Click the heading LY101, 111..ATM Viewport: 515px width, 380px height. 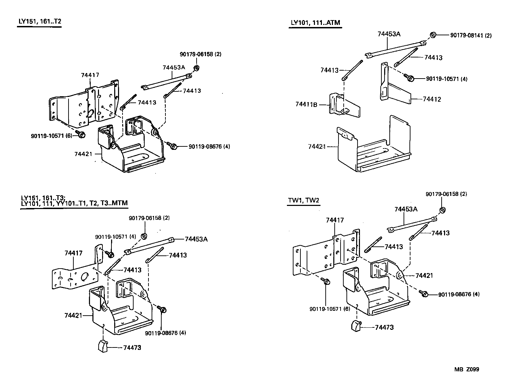click(x=315, y=23)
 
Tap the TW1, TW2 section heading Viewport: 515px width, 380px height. click(x=304, y=200)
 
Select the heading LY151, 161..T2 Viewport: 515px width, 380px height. click(x=40, y=21)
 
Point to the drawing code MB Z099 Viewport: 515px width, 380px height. click(x=467, y=369)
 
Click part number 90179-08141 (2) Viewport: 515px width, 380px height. click(x=471, y=35)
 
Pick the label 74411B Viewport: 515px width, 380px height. click(x=306, y=104)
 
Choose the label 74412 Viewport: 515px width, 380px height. click(x=432, y=99)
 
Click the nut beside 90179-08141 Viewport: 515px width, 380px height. click(x=433, y=35)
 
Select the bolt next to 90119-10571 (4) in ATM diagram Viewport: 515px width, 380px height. click(x=410, y=78)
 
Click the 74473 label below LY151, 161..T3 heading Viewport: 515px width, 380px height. click(x=132, y=347)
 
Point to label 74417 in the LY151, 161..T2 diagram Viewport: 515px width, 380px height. click(x=90, y=75)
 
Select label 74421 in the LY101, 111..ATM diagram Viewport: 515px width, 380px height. click(x=317, y=146)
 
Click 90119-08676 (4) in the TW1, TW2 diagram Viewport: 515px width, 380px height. click(x=459, y=295)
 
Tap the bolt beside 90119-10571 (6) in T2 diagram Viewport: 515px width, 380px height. click(x=81, y=134)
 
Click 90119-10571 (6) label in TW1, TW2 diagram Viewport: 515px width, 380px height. click(x=327, y=309)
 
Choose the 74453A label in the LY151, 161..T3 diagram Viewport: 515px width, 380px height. click(x=196, y=239)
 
